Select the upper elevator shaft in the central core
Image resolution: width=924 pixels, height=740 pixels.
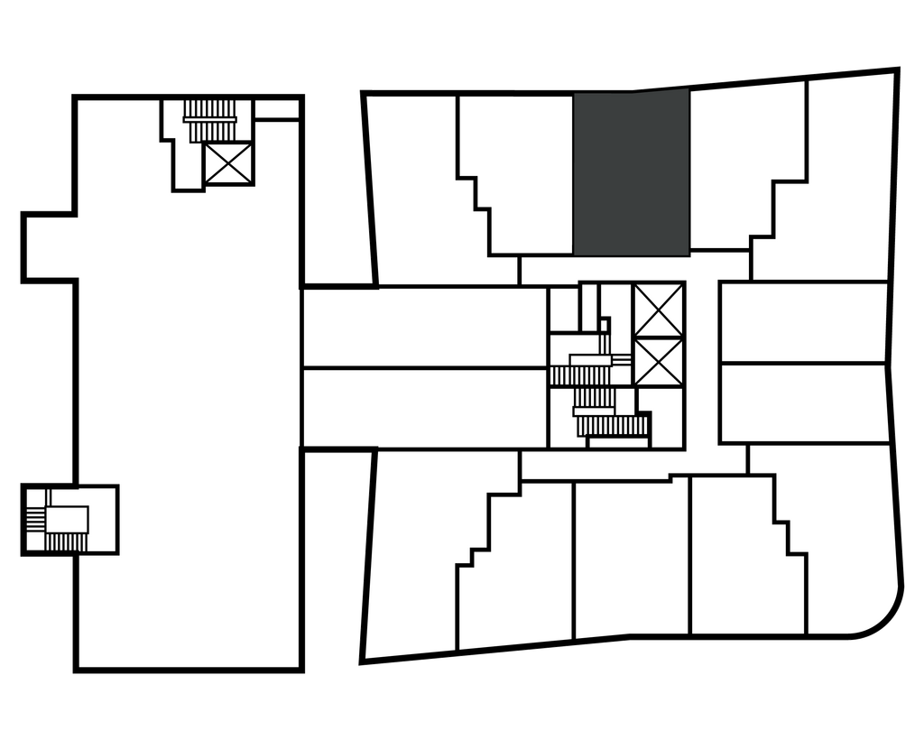click(x=658, y=310)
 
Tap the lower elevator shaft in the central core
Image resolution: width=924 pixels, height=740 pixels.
click(x=658, y=362)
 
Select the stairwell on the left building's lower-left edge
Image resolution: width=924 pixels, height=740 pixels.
click(x=68, y=520)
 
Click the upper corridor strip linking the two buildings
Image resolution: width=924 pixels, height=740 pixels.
click(x=424, y=327)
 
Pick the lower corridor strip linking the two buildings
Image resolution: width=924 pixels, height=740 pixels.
click(x=424, y=407)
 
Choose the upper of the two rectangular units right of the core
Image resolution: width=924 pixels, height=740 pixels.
click(x=803, y=321)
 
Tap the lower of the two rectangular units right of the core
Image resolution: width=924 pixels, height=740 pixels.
click(x=803, y=402)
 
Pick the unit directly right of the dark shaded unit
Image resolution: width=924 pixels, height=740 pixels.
click(x=731, y=162)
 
